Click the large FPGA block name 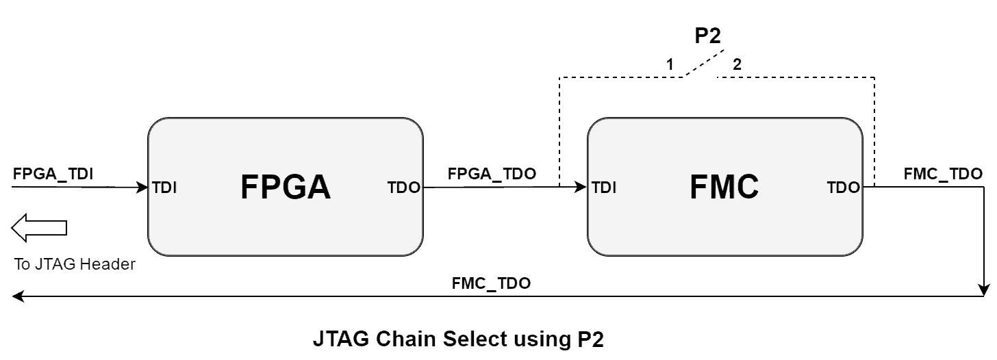[286, 188]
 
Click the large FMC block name [724, 188]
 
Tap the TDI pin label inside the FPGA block [166, 188]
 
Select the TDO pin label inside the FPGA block [404, 188]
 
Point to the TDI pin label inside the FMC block [604, 188]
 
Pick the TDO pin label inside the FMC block [843, 188]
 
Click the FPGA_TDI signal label [53, 174]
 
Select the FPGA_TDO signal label [492, 174]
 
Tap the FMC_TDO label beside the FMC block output [943, 174]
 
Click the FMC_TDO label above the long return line [491, 283]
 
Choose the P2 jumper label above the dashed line [708, 36]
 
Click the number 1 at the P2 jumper [670, 65]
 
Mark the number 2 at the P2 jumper [737, 65]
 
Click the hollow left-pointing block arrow [39, 228]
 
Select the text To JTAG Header [75, 265]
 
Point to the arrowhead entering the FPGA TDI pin [145, 187]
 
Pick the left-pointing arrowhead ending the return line [18, 296]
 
